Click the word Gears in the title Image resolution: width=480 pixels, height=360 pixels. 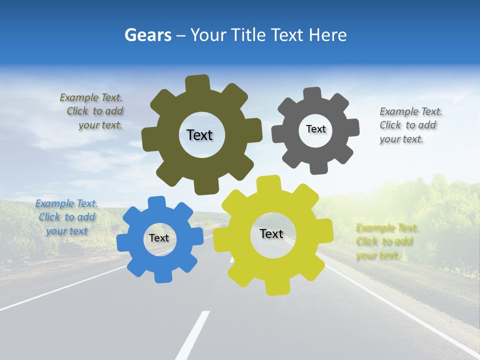click(x=147, y=35)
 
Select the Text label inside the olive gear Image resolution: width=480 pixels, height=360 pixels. click(x=199, y=135)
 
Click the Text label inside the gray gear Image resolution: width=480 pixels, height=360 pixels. click(x=315, y=129)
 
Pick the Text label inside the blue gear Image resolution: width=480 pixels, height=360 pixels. click(x=159, y=238)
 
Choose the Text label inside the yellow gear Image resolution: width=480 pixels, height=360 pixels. click(x=271, y=233)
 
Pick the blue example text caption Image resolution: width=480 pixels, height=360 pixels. click(x=66, y=217)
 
